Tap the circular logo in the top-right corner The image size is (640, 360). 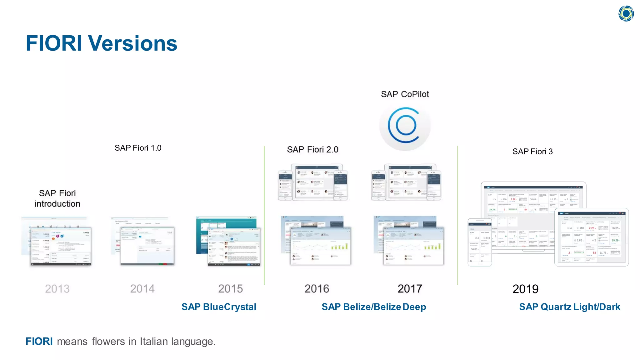626,13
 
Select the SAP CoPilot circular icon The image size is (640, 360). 405,126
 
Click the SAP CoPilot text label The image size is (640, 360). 405,94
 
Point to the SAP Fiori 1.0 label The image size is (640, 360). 138,148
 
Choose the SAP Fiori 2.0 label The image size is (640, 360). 312,150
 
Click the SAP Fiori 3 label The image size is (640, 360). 532,152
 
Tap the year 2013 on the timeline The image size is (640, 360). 57,288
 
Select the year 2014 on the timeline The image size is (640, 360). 142,288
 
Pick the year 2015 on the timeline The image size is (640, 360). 230,288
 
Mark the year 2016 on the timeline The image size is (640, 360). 317,288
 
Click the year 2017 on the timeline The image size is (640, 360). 410,288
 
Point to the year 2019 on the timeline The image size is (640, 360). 525,289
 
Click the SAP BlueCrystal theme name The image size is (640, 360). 219,307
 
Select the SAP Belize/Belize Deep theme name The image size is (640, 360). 374,307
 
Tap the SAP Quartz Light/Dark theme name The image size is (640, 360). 569,307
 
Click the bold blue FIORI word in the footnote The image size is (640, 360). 39,341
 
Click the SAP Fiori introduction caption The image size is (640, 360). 57,198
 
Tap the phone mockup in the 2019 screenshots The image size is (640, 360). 480,242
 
